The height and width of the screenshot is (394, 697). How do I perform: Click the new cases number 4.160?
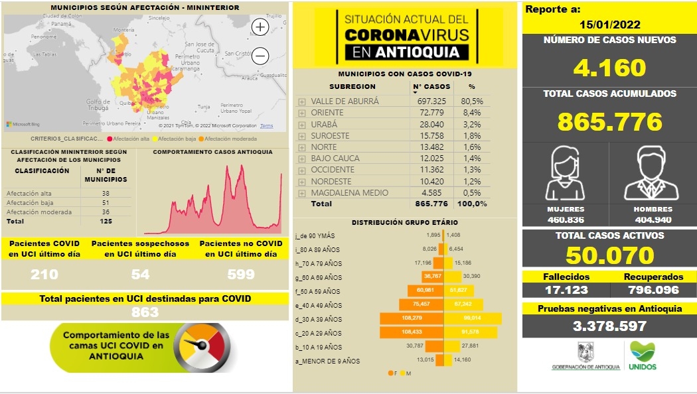[609, 68]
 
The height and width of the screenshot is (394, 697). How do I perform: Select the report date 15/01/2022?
[609, 25]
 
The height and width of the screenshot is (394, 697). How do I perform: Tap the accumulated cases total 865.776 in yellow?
[609, 121]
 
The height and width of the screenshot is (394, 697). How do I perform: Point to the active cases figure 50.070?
[609, 255]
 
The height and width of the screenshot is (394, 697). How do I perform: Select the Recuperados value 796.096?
[653, 290]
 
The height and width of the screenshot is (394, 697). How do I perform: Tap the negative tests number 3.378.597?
[609, 326]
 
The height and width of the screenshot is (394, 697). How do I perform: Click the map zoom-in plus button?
[260, 27]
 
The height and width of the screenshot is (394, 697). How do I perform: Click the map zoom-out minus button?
[260, 56]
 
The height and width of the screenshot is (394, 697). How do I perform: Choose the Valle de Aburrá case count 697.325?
[431, 101]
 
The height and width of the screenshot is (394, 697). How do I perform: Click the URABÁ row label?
[324, 124]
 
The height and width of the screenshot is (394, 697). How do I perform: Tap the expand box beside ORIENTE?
[302, 113]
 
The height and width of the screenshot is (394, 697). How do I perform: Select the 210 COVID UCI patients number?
[44, 274]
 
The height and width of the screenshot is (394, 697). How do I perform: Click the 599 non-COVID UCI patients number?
[237, 274]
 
